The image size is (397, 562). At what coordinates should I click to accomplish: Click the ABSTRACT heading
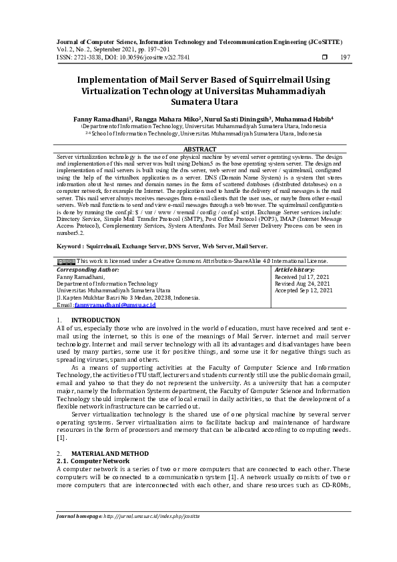click(199, 149)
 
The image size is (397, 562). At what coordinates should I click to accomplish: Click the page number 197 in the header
click(345, 57)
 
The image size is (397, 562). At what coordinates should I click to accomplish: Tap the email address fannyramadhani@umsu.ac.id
click(115, 304)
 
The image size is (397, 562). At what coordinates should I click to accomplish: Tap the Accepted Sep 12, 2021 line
click(304, 290)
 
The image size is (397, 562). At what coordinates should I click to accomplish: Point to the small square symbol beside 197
click(325, 57)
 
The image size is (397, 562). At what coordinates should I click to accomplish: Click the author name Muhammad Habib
click(302, 118)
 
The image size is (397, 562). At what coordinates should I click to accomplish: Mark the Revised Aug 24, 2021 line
click(304, 283)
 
